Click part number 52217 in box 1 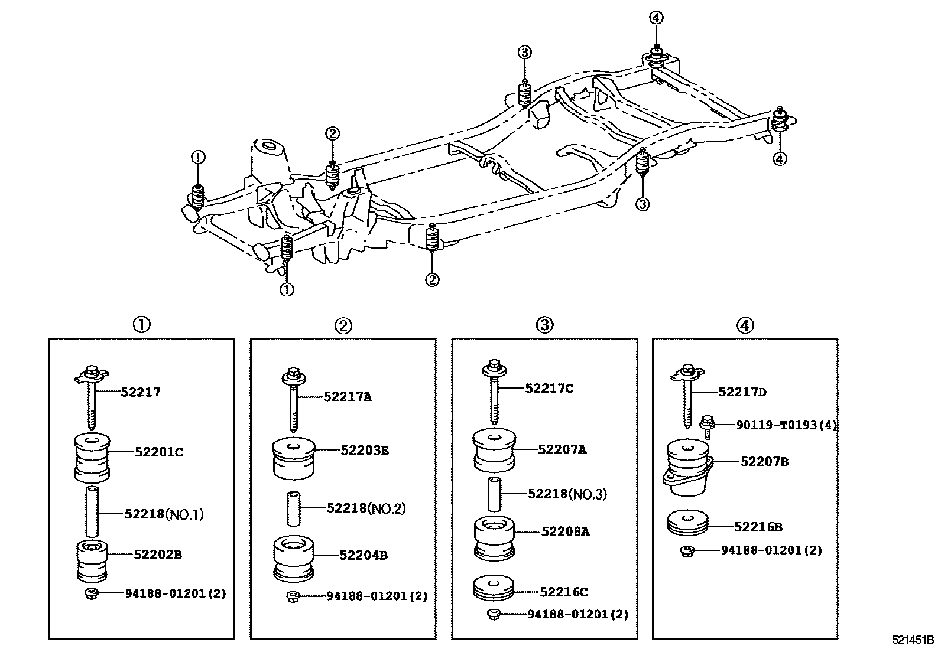click(x=141, y=392)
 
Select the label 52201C click(x=159, y=452)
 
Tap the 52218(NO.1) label click(x=164, y=514)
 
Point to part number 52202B click(x=158, y=555)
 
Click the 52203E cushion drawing click(x=294, y=459)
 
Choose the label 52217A click(x=348, y=397)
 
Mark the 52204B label click(x=364, y=555)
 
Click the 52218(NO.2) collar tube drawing click(x=294, y=508)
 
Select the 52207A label click(x=562, y=449)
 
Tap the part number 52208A click(x=565, y=532)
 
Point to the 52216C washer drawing click(x=494, y=589)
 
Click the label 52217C click(x=549, y=389)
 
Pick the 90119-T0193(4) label click(x=786, y=425)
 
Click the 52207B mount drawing click(x=687, y=467)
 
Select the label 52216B click(x=758, y=527)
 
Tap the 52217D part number click(x=742, y=392)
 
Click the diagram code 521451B click(x=913, y=640)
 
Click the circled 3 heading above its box click(x=544, y=325)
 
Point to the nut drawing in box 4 click(x=687, y=551)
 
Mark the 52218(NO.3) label click(x=567, y=494)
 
